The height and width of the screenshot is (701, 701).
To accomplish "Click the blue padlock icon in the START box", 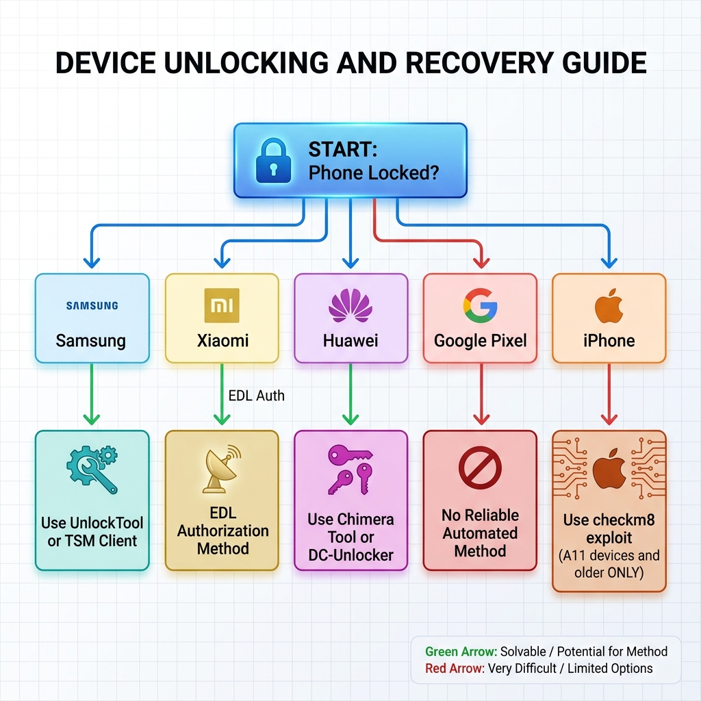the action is point(273,160).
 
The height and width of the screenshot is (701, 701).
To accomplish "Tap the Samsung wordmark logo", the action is point(92,306).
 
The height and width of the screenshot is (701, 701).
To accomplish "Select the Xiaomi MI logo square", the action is point(222,306).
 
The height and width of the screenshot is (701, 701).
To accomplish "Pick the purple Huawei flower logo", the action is point(350,305).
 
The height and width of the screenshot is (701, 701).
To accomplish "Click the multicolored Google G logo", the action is point(480,305).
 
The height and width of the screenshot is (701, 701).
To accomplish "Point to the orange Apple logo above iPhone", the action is point(609,305).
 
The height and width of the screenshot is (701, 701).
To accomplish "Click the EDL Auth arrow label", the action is point(256,396).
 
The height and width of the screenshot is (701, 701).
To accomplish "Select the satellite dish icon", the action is point(222,469).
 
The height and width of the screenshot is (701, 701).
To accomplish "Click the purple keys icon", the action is point(350,470).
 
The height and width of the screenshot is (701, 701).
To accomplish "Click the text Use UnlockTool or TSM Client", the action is point(92,531).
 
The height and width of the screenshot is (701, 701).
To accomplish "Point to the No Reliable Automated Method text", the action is point(480,533).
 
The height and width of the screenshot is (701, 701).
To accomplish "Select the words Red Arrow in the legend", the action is point(455,668).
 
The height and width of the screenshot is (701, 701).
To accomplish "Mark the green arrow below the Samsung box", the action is point(92,394).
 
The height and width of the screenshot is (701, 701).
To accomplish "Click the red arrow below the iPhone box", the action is point(609,394).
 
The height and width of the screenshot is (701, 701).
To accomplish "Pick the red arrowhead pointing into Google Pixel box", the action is point(481,262).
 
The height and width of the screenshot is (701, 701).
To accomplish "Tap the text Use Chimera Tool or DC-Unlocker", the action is point(350,537).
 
